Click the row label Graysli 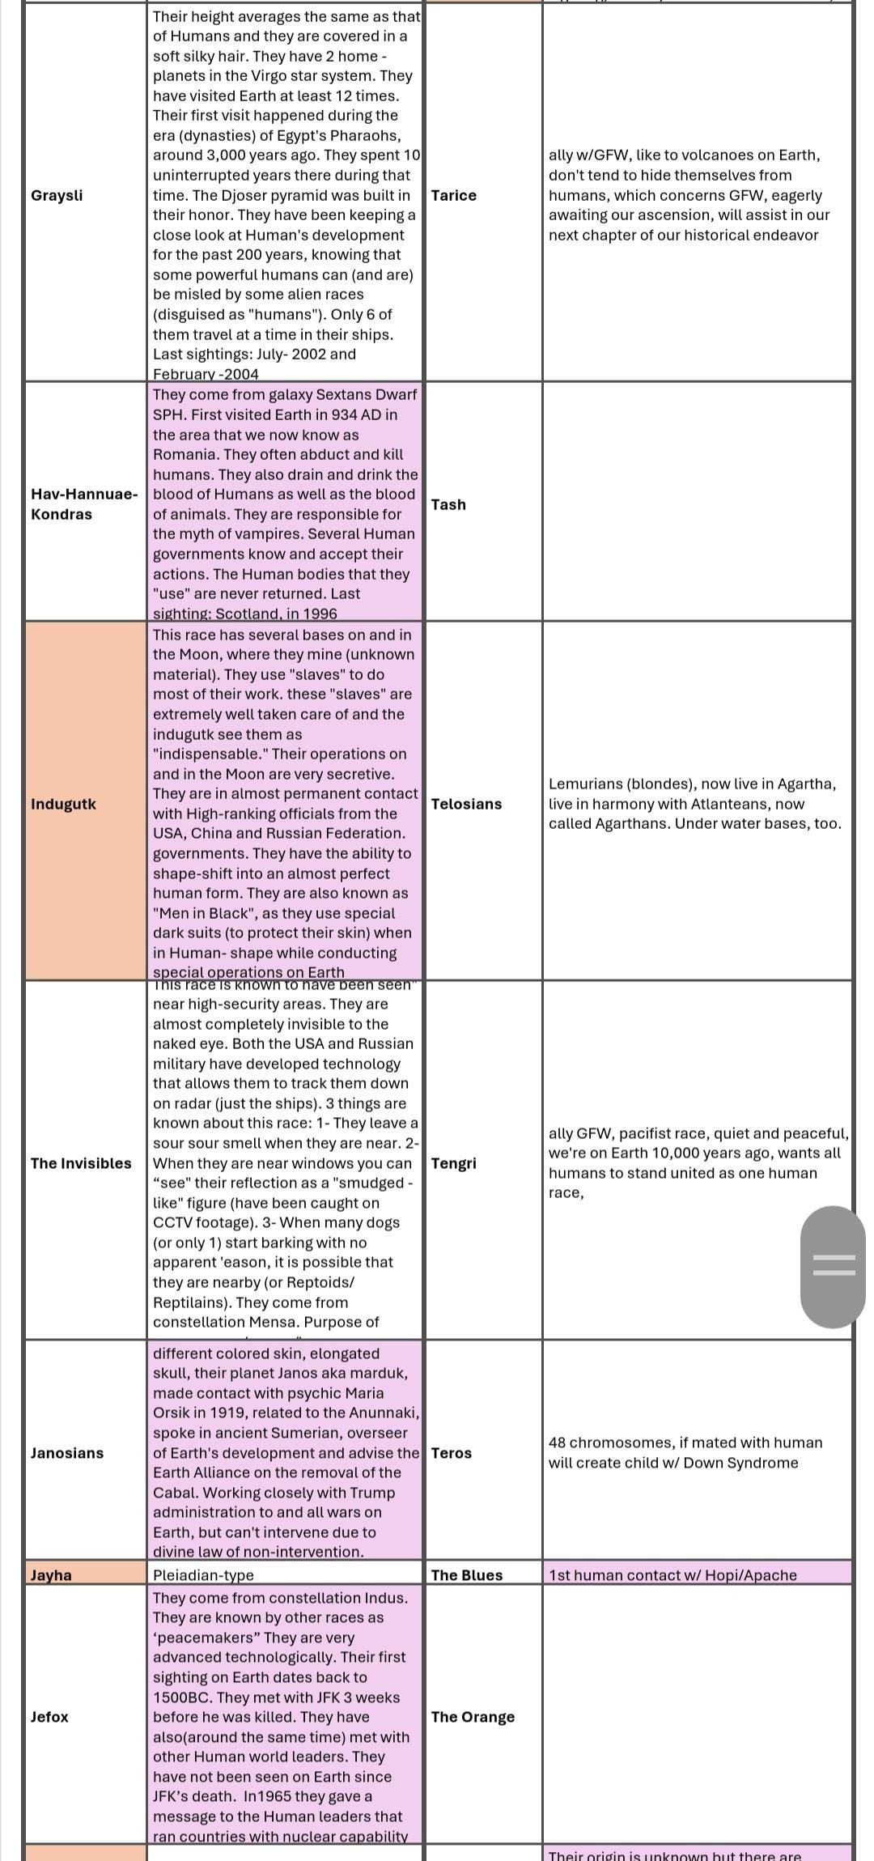[x=57, y=195]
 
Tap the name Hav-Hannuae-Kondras [x=84, y=503]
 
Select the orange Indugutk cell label [x=63, y=804]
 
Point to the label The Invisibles [x=81, y=1163]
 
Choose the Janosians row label [x=67, y=1453]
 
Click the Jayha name [x=51, y=1575]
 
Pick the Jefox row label [x=49, y=1717]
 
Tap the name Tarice [x=453, y=195]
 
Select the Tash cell [x=448, y=504]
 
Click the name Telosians [x=466, y=804]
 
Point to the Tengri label [x=453, y=1163]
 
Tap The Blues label [x=467, y=1575]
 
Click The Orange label [x=473, y=1717]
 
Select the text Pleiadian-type [x=203, y=1575]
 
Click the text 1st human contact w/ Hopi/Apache [x=672, y=1575]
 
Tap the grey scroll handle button [x=833, y=1267]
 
